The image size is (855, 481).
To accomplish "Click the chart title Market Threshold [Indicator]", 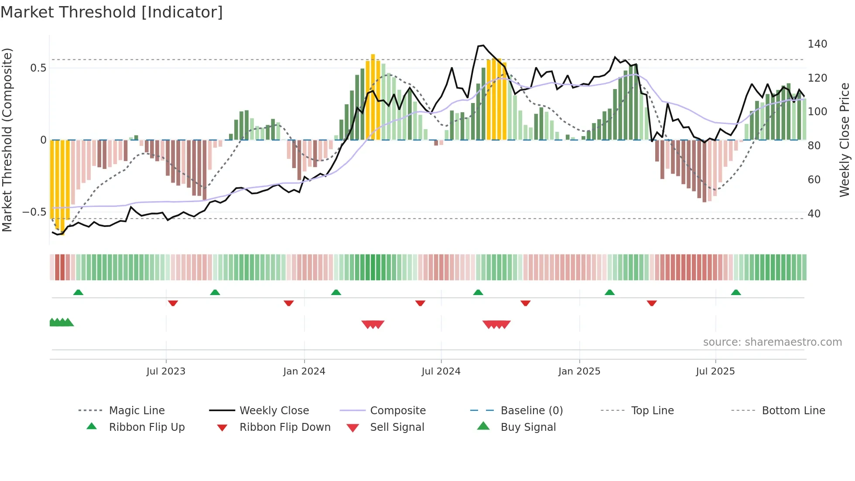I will [112, 12].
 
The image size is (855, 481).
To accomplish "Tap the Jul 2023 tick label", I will [166, 371].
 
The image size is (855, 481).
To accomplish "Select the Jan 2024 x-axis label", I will [304, 371].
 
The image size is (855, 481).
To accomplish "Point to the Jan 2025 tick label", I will [579, 371].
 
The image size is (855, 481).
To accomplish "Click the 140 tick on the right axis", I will [817, 44].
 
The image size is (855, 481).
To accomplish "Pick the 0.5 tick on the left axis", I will [38, 68].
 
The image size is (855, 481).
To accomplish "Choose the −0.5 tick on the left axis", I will [34, 212].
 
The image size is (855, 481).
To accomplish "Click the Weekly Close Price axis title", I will [845, 140].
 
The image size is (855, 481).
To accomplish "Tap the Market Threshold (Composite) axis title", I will [7, 140].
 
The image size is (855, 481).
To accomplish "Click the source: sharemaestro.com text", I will [772, 342].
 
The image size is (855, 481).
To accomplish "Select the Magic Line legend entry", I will [137, 411].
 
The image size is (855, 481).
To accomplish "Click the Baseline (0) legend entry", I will [531, 411].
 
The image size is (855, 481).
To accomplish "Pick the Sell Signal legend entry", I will [397, 427].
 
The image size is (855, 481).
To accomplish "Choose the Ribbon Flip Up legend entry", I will [147, 427].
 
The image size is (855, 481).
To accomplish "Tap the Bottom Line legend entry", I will [793, 411].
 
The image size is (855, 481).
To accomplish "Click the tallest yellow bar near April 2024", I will [373, 96].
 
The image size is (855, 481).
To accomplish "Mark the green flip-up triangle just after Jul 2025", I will [736, 292].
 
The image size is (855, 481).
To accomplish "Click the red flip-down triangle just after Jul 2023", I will [173, 303].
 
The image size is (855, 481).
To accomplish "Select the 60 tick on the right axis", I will [814, 180].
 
